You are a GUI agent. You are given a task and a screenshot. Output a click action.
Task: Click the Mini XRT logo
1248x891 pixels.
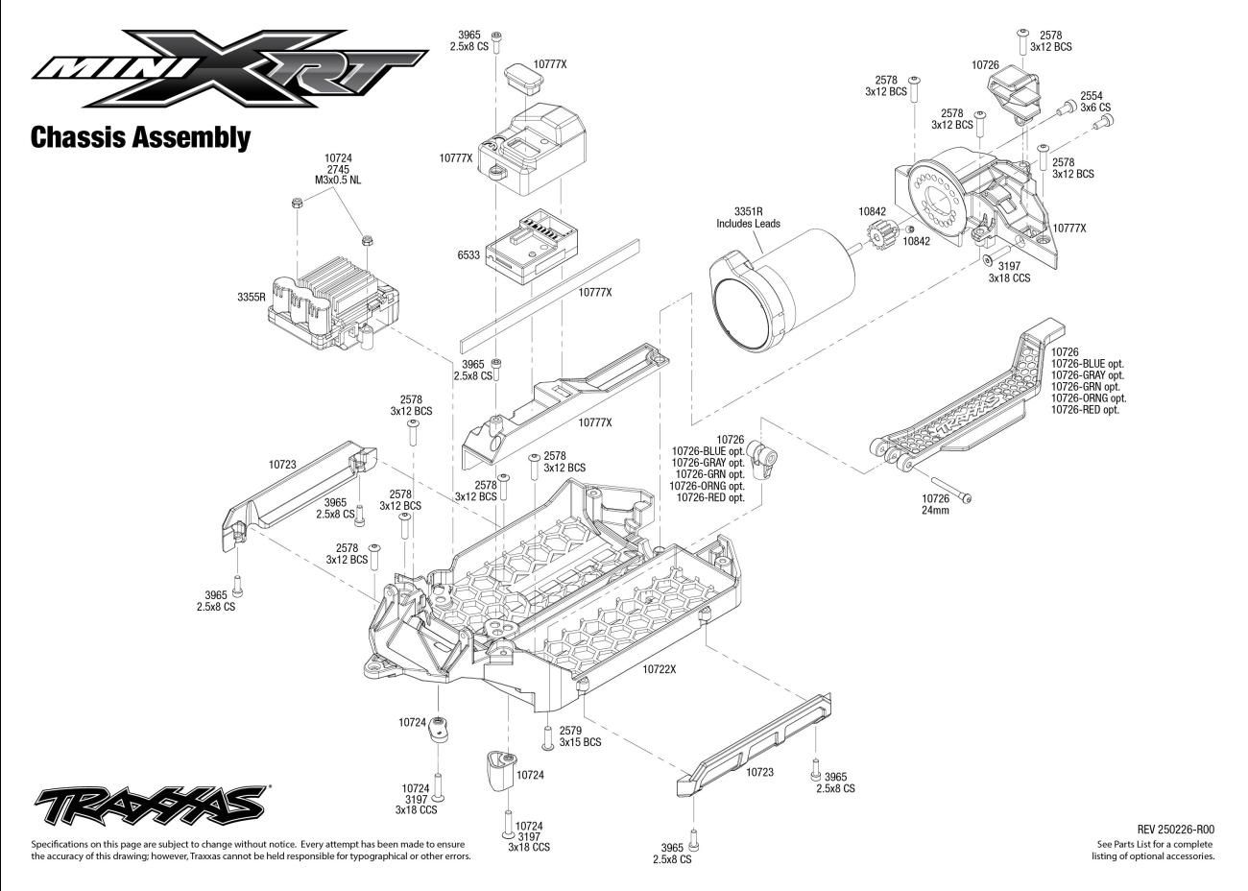click(x=229, y=68)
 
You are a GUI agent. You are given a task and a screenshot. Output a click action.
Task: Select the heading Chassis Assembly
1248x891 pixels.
click(x=140, y=137)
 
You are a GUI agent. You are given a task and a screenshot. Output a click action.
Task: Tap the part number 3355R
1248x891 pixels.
click(x=252, y=297)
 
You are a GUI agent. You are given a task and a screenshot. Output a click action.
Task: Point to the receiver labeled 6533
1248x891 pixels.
click(x=531, y=247)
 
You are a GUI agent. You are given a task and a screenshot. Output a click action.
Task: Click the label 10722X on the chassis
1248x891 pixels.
click(x=660, y=669)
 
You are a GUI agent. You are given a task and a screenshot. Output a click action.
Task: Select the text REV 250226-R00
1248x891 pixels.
click(x=1176, y=830)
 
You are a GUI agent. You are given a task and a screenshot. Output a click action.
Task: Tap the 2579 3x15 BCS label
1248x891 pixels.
click(x=580, y=736)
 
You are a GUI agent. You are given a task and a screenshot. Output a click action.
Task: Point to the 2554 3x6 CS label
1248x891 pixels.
click(x=1095, y=102)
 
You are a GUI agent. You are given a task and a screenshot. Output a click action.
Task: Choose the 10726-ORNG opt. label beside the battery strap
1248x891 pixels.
click(x=1088, y=398)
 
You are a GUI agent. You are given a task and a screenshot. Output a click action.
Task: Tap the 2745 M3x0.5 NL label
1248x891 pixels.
click(x=338, y=175)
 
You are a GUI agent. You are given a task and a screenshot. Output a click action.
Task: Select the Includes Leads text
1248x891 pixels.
click(x=748, y=224)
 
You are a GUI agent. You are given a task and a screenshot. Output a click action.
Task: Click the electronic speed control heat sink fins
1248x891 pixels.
click(x=339, y=289)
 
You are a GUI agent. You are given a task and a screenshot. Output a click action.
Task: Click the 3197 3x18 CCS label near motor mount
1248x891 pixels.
click(x=1009, y=272)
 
